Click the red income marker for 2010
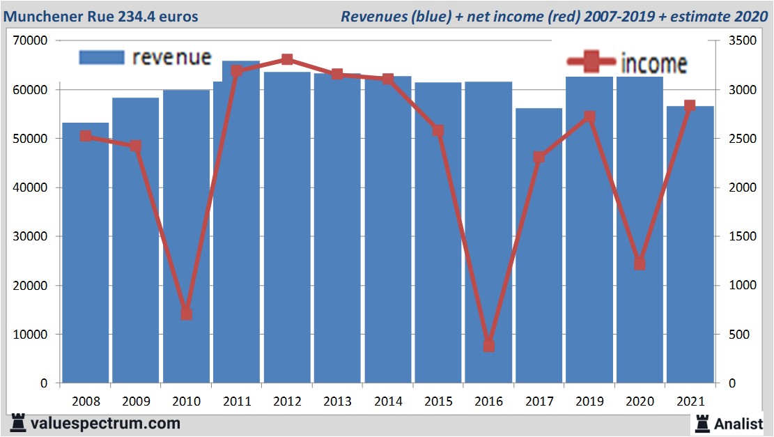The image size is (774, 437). (186, 314)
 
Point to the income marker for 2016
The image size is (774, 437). (488, 346)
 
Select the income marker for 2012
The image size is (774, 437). (287, 59)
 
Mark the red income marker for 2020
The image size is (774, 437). (640, 264)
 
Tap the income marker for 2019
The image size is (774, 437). (589, 116)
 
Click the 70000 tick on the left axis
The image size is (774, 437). (30, 41)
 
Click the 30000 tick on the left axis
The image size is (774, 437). (30, 237)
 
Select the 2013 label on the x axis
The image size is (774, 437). (337, 401)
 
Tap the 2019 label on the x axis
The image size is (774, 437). (589, 401)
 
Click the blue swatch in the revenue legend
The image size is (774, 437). (101, 57)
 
